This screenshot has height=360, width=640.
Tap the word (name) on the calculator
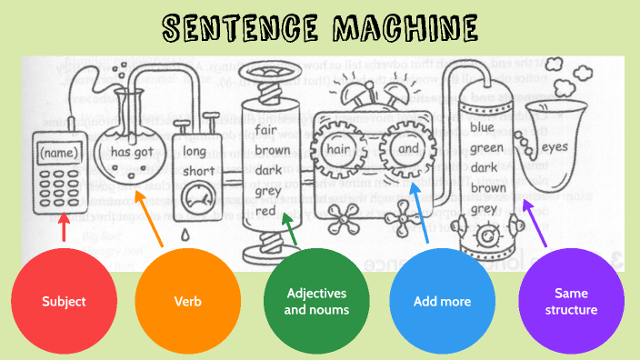pyautogui.click(x=60, y=153)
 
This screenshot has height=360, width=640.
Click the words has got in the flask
pyautogui.click(x=132, y=153)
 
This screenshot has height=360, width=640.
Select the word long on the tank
pyautogui.click(x=195, y=151)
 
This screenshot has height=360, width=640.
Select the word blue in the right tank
pyautogui.click(x=483, y=127)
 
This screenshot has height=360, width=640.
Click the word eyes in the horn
pyautogui.click(x=555, y=146)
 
